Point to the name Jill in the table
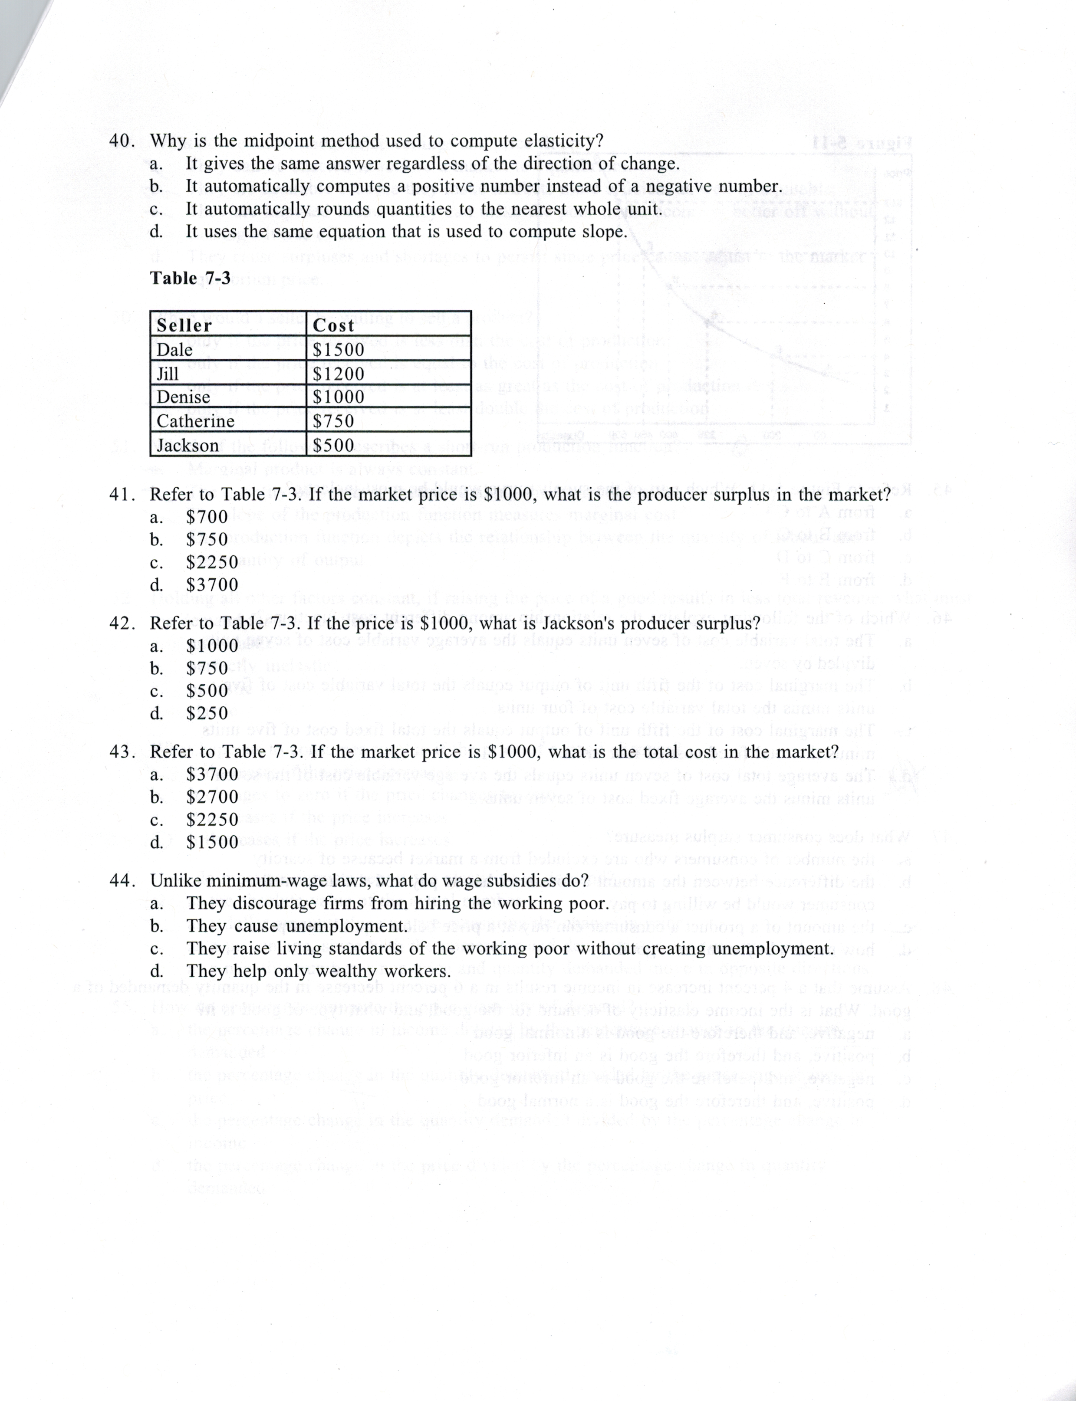click(168, 373)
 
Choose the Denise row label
click(183, 397)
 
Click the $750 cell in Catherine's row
click(333, 421)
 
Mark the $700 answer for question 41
click(207, 517)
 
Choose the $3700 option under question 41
click(212, 584)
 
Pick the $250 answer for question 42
click(207, 713)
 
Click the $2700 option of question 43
click(212, 797)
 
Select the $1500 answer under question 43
click(212, 842)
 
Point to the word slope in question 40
click(603, 231)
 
